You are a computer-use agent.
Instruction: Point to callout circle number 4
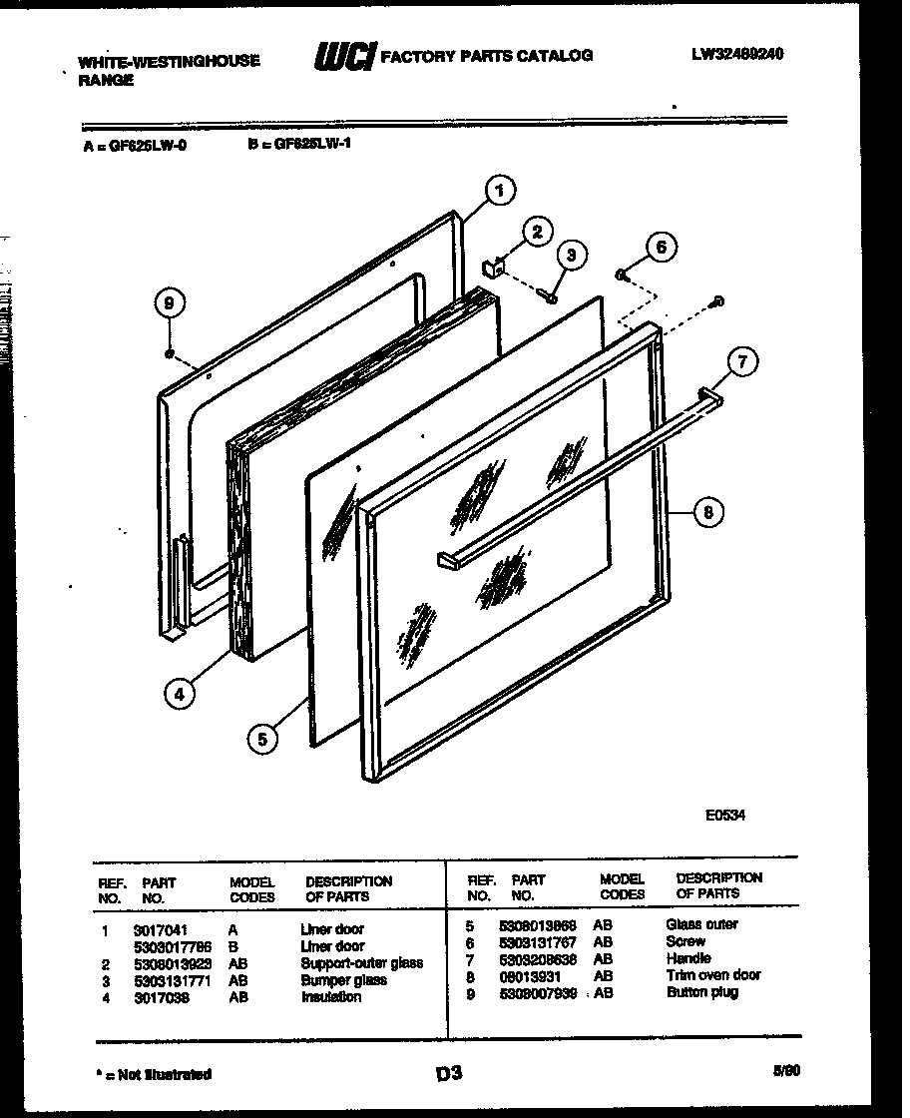point(178,695)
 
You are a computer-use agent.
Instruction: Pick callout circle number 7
point(741,362)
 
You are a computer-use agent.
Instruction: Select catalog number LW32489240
point(737,55)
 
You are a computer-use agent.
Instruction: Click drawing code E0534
point(725,815)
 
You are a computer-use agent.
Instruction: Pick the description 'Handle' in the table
point(688,958)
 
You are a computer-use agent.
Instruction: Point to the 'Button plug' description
point(702,992)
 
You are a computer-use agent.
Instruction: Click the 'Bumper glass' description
point(343,979)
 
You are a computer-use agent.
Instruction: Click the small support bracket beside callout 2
point(491,267)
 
